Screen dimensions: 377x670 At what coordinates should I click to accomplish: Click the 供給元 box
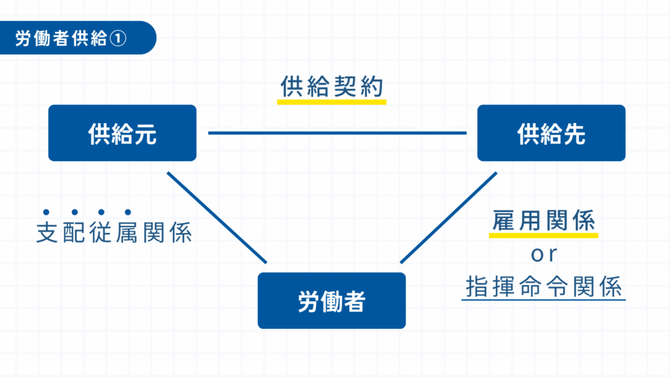coord(122,133)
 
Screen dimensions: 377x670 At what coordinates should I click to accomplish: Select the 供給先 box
coord(551,133)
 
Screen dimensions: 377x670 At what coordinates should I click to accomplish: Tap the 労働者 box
coord(331,300)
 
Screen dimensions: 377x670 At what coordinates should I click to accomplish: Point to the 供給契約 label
coord(331,87)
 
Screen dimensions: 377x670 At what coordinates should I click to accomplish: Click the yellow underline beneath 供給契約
coord(331,102)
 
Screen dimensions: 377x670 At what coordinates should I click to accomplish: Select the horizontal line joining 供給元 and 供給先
coord(337,133)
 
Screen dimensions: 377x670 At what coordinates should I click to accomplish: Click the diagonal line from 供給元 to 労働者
coord(217,218)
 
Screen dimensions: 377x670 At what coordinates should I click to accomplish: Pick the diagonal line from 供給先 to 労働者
coord(449,218)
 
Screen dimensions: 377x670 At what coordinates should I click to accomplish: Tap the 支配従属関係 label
coord(114,233)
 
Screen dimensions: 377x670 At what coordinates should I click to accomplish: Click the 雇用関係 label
coord(543,221)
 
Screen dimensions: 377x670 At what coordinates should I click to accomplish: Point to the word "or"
coord(543,254)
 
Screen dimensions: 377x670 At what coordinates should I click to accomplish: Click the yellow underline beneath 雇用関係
coord(543,235)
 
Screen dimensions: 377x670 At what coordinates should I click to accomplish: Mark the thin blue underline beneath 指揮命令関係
coord(543,300)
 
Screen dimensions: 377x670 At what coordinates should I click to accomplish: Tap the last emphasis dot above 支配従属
coord(128,211)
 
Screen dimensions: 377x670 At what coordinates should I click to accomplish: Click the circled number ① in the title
coord(118,38)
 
